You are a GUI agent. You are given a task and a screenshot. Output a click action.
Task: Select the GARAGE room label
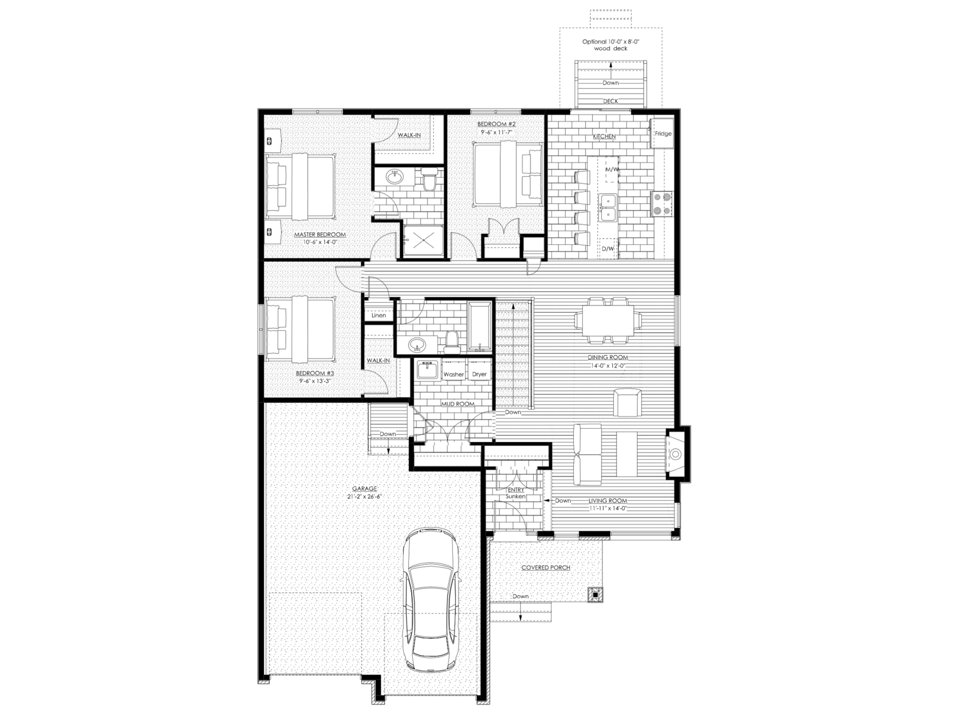pos(364,489)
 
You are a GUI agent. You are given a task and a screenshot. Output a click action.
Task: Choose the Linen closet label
pos(379,316)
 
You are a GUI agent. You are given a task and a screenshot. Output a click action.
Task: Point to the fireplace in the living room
pos(676,454)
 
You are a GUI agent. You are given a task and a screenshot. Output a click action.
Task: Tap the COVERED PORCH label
pos(546,568)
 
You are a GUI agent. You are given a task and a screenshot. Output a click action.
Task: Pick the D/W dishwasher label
pos(608,249)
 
